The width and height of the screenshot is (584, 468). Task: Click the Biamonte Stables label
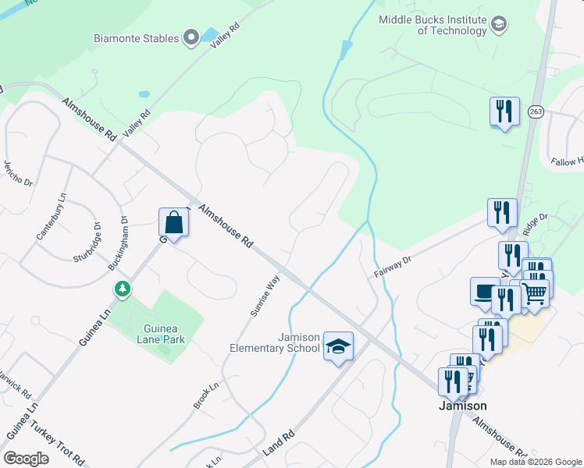pyautogui.click(x=138, y=37)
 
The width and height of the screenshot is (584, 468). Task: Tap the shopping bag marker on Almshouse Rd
pyautogui.click(x=173, y=224)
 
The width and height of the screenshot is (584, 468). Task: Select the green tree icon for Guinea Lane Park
pyautogui.click(x=123, y=289)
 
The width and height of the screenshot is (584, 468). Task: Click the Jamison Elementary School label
pyautogui.click(x=275, y=342)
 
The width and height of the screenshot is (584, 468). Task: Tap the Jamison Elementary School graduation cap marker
pyautogui.click(x=338, y=346)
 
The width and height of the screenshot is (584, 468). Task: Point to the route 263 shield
pyautogui.click(x=536, y=112)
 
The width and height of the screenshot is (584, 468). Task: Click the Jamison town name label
pyautogui.click(x=462, y=406)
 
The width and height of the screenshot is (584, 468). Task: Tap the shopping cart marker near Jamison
pyautogui.click(x=534, y=294)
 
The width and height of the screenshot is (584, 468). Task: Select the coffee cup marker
pyautogui.click(x=485, y=291)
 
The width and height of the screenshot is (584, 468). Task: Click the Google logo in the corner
pyautogui.click(x=27, y=459)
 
